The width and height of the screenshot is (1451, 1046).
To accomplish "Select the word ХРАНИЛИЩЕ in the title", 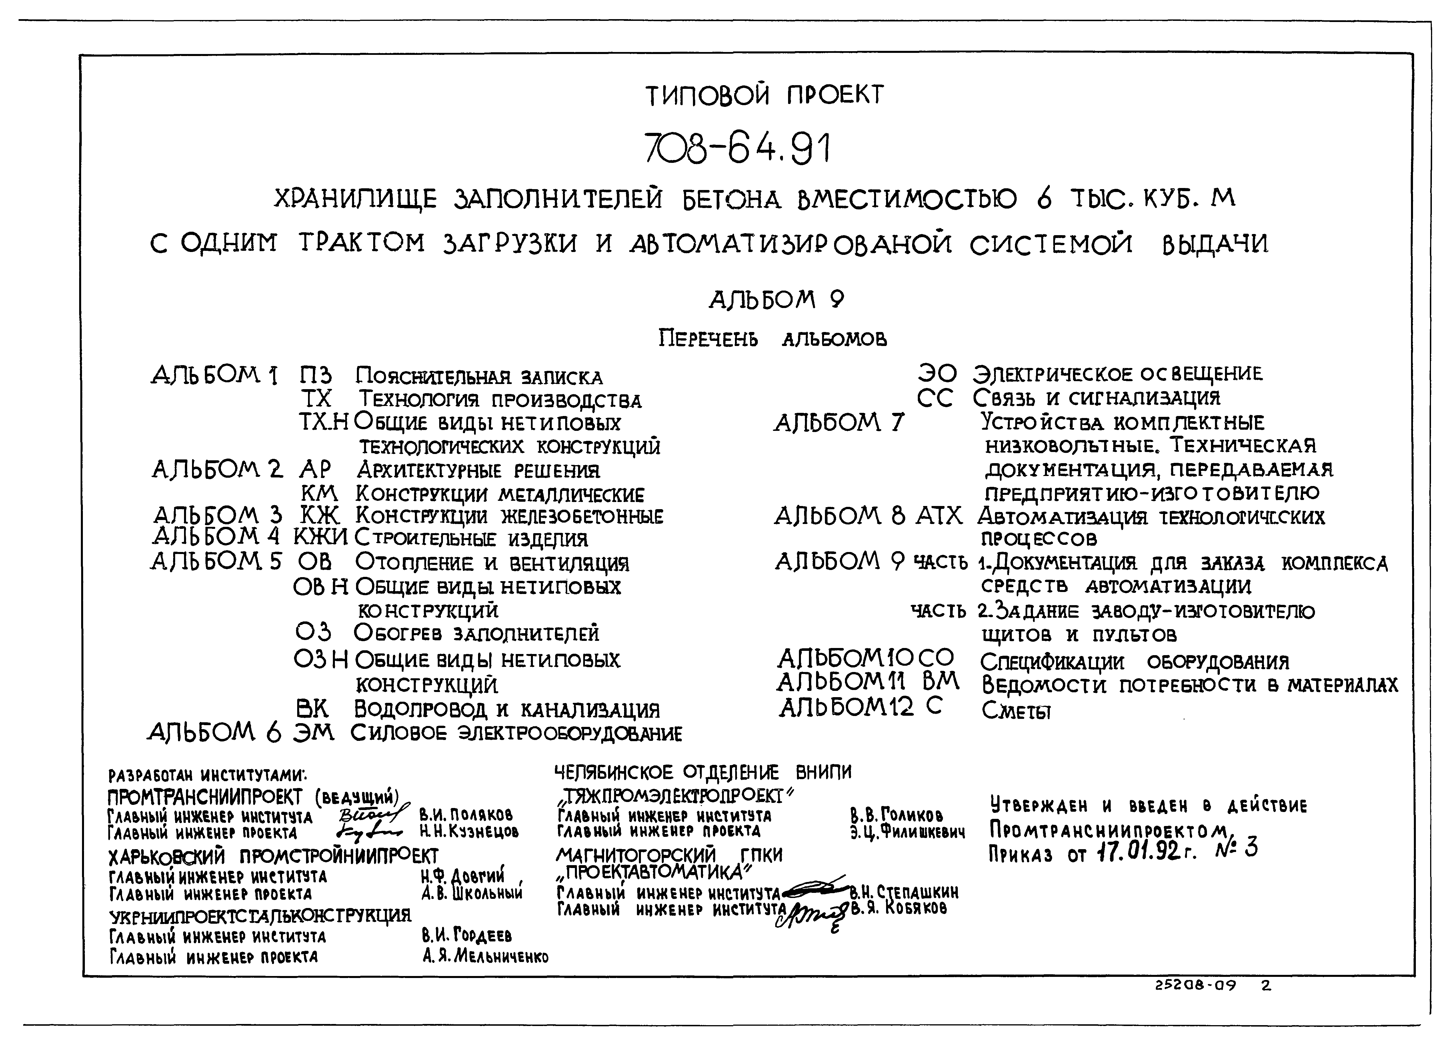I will point(355,200).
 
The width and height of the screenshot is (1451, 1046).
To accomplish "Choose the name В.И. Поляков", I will point(465,816).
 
